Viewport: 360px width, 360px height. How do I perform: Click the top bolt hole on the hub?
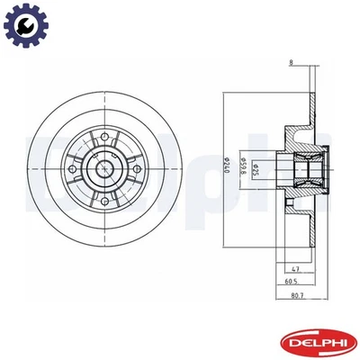coord(103,136)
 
